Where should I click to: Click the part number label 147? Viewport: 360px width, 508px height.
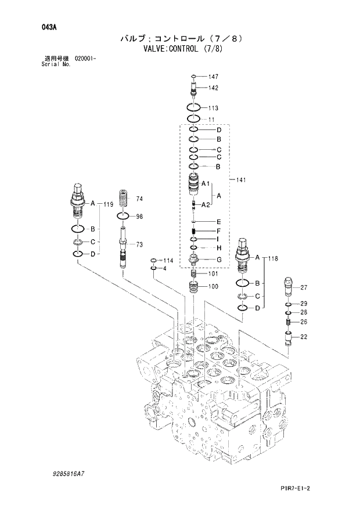[x=213, y=77]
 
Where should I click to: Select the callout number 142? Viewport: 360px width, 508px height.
[x=213, y=88]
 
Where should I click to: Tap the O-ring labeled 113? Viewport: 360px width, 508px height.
[x=195, y=108]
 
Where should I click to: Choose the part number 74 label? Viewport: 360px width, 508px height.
[x=139, y=199]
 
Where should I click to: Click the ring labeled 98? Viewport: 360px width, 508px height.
[x=124, y=217]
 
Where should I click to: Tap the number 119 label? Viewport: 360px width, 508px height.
[x=108, y=204]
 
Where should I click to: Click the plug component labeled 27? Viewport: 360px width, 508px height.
[x=289, y=286]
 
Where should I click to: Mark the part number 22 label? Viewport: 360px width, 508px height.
[x=303, y=337]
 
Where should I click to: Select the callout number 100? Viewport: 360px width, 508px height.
[x=213, y=287]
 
